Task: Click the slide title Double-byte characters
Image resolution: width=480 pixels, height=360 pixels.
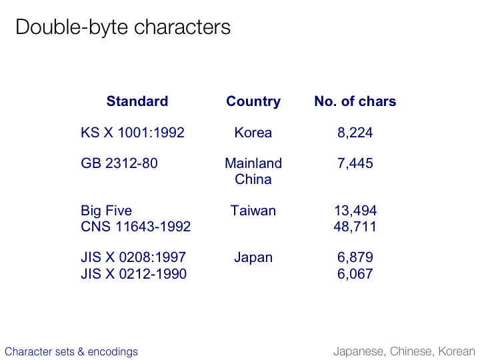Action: (123, 27)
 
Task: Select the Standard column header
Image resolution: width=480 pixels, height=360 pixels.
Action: (137, 101)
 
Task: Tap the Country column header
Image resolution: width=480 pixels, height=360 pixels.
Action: (253, 101)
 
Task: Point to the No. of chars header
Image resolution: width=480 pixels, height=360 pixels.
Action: (355, 101)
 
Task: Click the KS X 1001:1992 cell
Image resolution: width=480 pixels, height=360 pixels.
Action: (133, 133)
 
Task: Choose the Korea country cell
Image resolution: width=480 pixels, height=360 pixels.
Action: (253, 133)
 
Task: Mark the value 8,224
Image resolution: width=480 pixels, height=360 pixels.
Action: (355, 133)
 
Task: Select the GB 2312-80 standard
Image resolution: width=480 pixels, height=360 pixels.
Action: (119, 163)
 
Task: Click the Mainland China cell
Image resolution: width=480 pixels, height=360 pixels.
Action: (253, 171)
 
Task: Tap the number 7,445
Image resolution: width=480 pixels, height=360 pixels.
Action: (355, 163)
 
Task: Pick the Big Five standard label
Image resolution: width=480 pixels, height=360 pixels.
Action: (106, 211)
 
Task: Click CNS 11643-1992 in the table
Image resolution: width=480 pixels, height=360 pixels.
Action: (135, 227)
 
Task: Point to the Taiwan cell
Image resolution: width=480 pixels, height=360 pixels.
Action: (253, 211)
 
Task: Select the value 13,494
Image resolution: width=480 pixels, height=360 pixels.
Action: (355, 211)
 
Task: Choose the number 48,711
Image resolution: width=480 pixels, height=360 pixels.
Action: (355, 227)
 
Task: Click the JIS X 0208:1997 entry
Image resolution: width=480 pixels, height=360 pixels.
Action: (133, 257)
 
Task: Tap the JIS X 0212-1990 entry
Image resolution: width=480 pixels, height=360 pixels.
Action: (133, 274)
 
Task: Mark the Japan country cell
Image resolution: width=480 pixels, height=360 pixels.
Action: (253, 258)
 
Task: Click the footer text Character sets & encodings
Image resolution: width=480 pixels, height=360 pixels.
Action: (71, 352)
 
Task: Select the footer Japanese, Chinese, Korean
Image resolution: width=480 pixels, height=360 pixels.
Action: (404, 352)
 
